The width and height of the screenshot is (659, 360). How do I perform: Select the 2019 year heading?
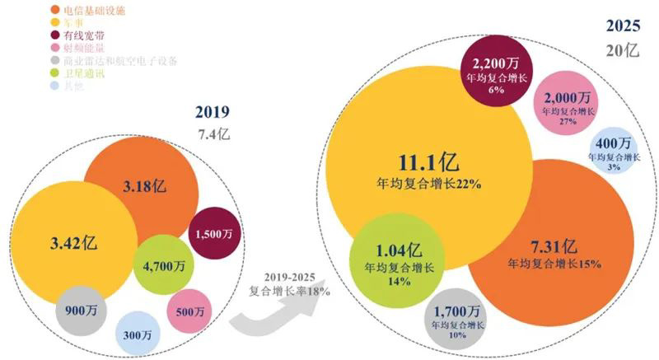click(212, 112)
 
